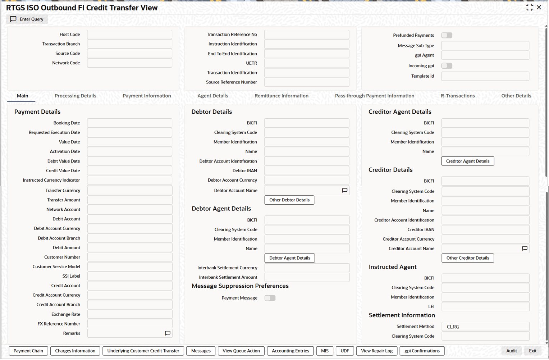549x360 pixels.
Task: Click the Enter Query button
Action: pyautogui.click(x=27, y=19)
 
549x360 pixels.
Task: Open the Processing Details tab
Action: pyautogui.click(x=76, y=96)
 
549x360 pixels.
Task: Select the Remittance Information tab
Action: pyautogui.click(x=282, y=96)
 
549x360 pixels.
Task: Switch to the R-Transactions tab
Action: pyautogui.click(x=458, y=96)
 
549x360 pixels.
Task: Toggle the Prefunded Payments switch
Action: pyautogui.click(x=447, y=35)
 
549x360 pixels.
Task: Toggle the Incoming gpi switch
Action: pyautogui.click(x=447, y=66)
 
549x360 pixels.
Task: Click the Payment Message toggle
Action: pyautogui.click(x=270, y=298)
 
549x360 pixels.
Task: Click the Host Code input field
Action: pyautogui.click(x=129, y=35)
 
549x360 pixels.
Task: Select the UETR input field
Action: pyautogui.click(x=307, y=63)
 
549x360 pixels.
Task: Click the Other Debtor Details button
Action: pyautogui.click(x=289, y=200)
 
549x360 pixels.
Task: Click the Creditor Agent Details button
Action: pyautogui.click(x=468, y=161)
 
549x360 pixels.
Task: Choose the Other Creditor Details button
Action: pyautogui.click(x=468, y=258)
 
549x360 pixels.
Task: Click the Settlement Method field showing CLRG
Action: pyautogui.click(x=485, y=327)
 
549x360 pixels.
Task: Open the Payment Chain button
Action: pyautogui.click(x=28, y=351)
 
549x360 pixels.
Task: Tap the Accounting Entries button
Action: pyautogui.click(x=290, y=351)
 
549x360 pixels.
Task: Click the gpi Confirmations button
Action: pyautogui.click(x=422, y=351)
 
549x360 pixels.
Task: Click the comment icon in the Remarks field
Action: pyautogui.click(x=168, y=333)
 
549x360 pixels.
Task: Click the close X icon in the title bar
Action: pyautogui.click(x=539, y=7)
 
